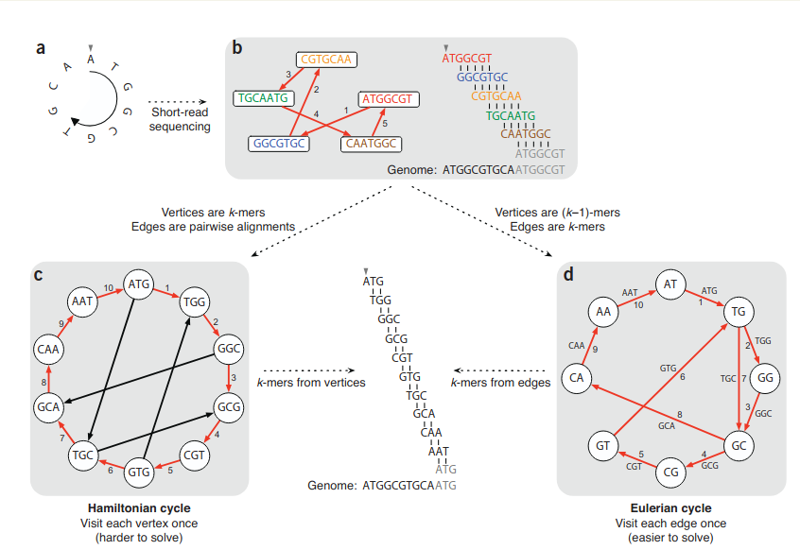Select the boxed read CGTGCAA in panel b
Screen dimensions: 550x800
coord(325,60)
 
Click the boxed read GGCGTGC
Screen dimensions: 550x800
coord(278,144)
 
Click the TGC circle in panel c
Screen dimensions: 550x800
coord(84,455)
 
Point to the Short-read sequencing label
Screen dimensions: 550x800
coord(180,119)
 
